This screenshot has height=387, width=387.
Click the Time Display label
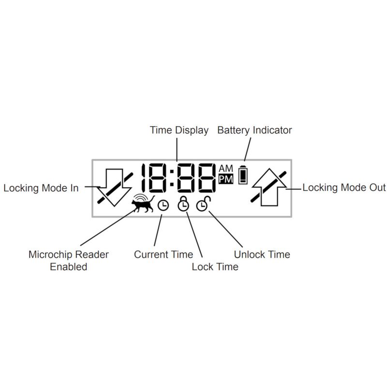179,130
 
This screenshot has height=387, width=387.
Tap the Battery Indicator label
254,130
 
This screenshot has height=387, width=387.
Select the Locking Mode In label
41,188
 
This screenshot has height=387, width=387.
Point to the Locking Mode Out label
344,188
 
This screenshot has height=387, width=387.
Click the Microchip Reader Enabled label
69,260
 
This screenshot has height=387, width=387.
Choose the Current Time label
164,254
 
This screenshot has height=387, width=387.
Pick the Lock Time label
215,267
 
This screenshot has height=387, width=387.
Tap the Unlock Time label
262,254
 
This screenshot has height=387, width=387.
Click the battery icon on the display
243,175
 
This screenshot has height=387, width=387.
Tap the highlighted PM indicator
226,179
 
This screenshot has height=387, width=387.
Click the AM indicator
226,168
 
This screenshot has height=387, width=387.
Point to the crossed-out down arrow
115,188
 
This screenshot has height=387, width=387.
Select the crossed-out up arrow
269,187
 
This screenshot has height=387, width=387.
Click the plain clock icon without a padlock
163,205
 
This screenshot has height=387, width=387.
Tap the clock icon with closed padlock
183,204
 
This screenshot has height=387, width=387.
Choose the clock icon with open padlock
203,204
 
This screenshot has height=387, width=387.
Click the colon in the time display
172,178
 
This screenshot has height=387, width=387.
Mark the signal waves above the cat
141,197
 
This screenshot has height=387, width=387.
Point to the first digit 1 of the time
143,178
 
